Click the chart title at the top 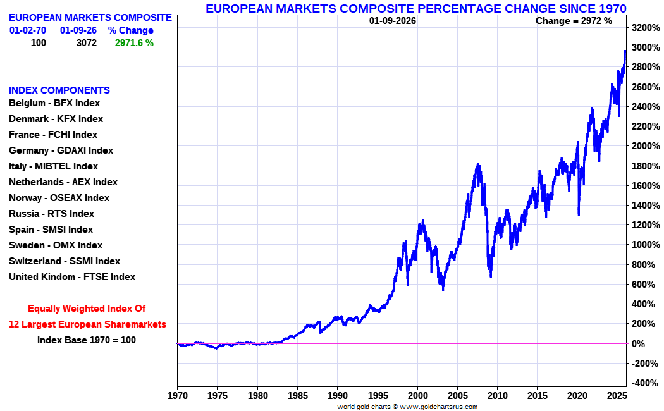(416, 8)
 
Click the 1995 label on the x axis (378, 396)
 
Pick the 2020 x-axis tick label (577, 396)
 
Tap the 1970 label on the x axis (177, 396)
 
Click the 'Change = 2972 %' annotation (574, 21)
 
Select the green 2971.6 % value (134, 43)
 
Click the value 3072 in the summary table (86, 43)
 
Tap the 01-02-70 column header (28, 30)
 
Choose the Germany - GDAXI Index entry (61, 150)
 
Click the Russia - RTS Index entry (51, 214)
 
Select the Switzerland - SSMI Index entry (65, 261)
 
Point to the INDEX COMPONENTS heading (59, 90)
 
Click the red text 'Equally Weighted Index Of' (87, 309)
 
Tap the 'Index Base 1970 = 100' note (87, 340)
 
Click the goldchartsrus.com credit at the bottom (407, 407)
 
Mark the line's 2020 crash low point (579, 216)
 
